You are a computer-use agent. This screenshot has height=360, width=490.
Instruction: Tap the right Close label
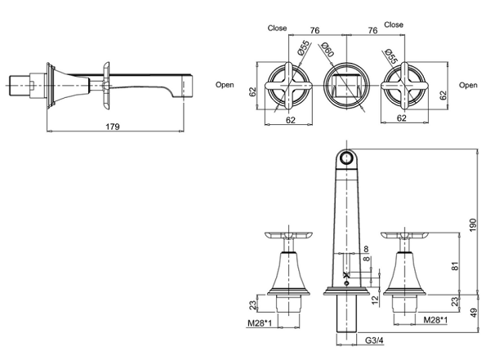pos(394,25)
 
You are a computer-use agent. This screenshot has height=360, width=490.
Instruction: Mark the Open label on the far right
pos(468,84)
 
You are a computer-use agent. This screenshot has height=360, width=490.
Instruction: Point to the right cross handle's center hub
pos(401,85)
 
